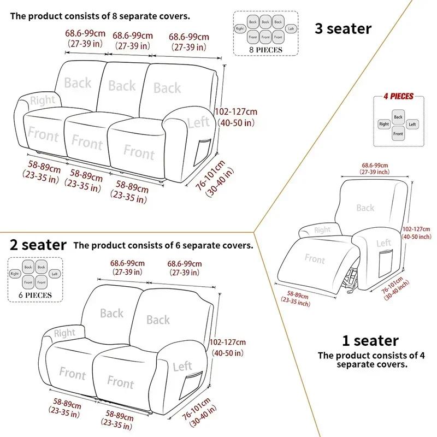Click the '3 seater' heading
342,28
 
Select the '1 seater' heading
370,341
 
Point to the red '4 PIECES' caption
398,97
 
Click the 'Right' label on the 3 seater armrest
43,101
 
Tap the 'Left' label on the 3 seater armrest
198,122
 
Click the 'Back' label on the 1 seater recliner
365,208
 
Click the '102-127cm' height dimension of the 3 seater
237,111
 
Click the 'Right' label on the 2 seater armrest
64,333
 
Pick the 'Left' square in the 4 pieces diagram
412,125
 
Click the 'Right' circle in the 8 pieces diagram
239,28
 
